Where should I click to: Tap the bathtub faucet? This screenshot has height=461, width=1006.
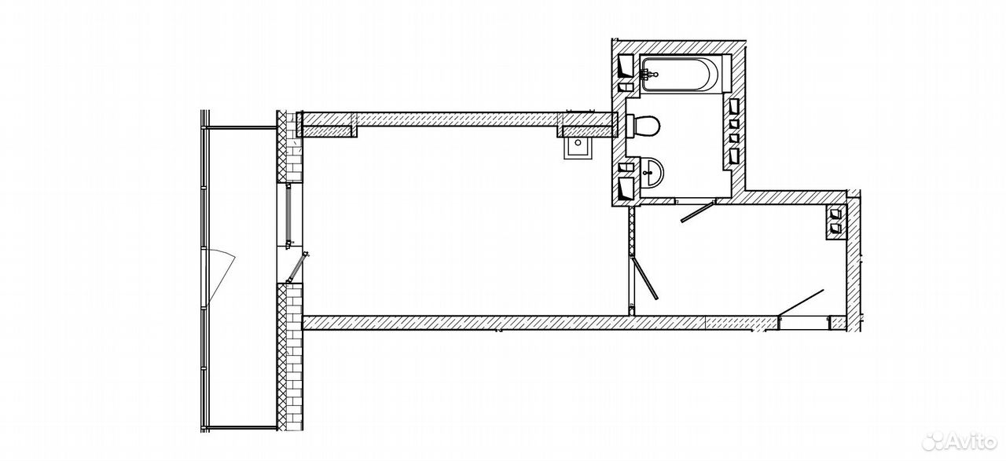tap(648, 74)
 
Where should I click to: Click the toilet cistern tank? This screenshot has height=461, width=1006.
tap(630, 126)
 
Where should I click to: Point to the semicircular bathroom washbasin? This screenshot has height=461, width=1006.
tap(652, 172)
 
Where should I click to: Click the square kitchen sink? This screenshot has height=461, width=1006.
tap(578, 148)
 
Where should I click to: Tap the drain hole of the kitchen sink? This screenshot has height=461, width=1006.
tap(578, 143)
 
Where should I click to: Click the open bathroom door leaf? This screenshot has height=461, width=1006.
tap(697, 212)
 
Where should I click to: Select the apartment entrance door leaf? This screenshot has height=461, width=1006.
tap(801, 303)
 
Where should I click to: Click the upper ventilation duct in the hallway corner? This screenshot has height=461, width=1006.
tap(835, 213)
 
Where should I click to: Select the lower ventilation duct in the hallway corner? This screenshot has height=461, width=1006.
tap(835, 228)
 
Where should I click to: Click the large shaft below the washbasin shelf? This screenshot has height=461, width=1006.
tap(626, 189)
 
